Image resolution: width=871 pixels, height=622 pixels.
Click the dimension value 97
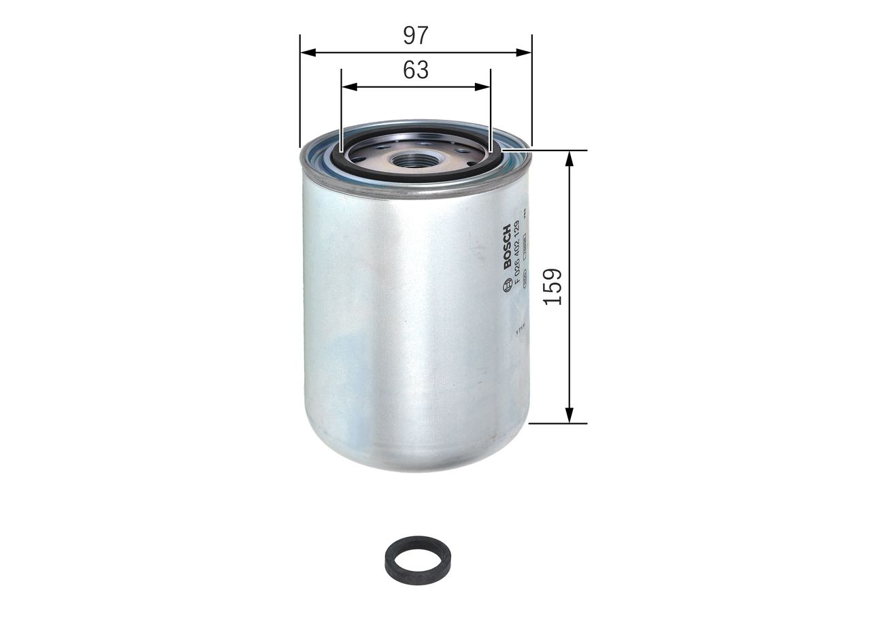[x=415, y=35]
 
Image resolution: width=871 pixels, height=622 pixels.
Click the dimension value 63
[x=415, y=70]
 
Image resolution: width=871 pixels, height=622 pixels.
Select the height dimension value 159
[x=554, y=287]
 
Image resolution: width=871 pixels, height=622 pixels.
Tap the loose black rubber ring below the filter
[x=415, y=561]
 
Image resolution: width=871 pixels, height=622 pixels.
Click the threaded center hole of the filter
[x=414, y=161]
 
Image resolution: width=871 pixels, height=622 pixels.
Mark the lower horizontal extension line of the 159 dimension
[x=558, y=423]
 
